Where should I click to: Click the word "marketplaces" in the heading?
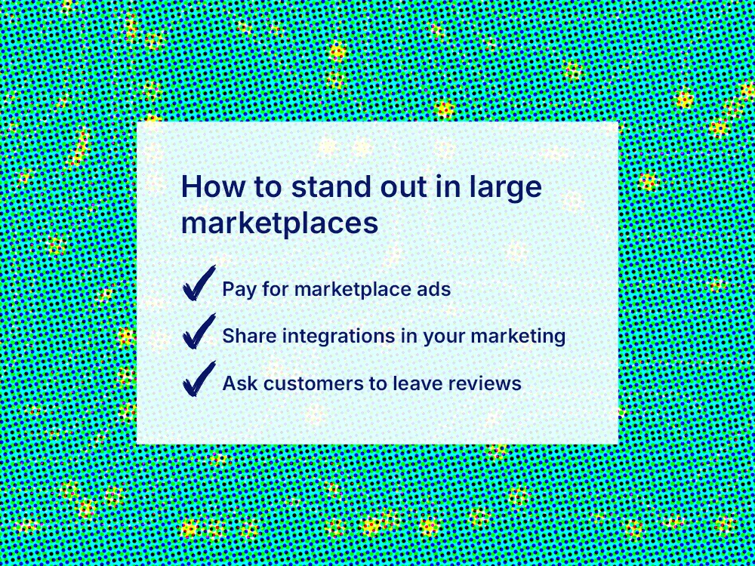click(279, 224)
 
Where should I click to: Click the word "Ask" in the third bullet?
click(238, 383)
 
